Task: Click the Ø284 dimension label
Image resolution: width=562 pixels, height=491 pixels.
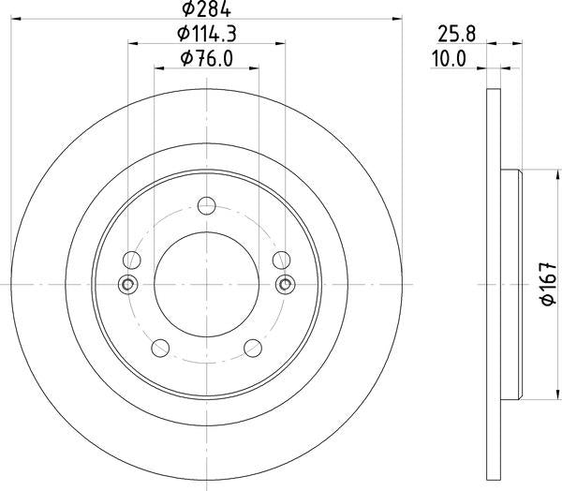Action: pyautogui.click(x=206, y=8)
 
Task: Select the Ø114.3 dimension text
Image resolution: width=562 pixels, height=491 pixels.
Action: pyautogui.click(x=206, y=34)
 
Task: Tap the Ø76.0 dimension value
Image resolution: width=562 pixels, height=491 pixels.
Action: pyautogui.click(x=207, y=58)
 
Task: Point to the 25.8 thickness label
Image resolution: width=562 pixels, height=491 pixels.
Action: pyautogui.click(x=456, y=35)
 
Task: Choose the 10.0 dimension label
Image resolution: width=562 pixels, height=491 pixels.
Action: pyautogui.click(x=449, y=59)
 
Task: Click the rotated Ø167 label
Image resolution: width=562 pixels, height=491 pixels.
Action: pyautogui.click(x=549, y=284)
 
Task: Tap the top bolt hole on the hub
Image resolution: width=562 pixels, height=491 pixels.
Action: pyautogui.click(x=207, y=206)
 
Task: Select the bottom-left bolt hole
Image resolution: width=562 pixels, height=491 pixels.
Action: pyautogui.click(x=160, y=348)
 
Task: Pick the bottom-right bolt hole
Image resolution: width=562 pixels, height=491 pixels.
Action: pyautogui.click(x=253, y=348)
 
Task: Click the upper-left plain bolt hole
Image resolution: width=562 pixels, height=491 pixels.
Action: pyautogui.click(x=131, y=260)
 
